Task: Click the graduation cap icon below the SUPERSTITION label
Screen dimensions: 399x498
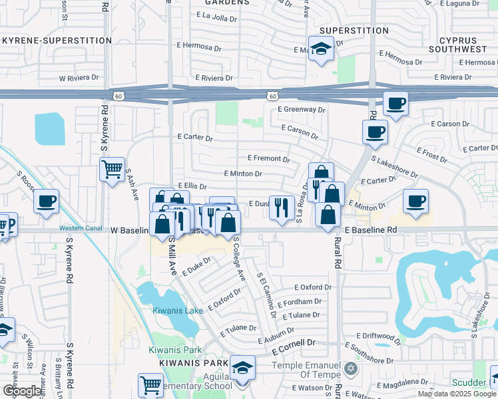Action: point(321,50)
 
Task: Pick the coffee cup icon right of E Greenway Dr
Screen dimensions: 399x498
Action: point(395,104)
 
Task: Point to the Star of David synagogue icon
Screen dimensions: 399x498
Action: point(351,368)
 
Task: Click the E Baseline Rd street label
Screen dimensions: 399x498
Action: point(370,229)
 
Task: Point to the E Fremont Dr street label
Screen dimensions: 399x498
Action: point(268,159)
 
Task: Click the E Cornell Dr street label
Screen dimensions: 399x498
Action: point(296,343)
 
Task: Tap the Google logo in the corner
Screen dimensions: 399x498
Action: point(22,391)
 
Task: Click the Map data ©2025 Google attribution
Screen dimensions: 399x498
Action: point(457,394)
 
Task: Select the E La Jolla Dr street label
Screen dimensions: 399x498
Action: point(215,17)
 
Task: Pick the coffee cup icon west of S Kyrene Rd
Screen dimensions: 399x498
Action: point(46,201)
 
